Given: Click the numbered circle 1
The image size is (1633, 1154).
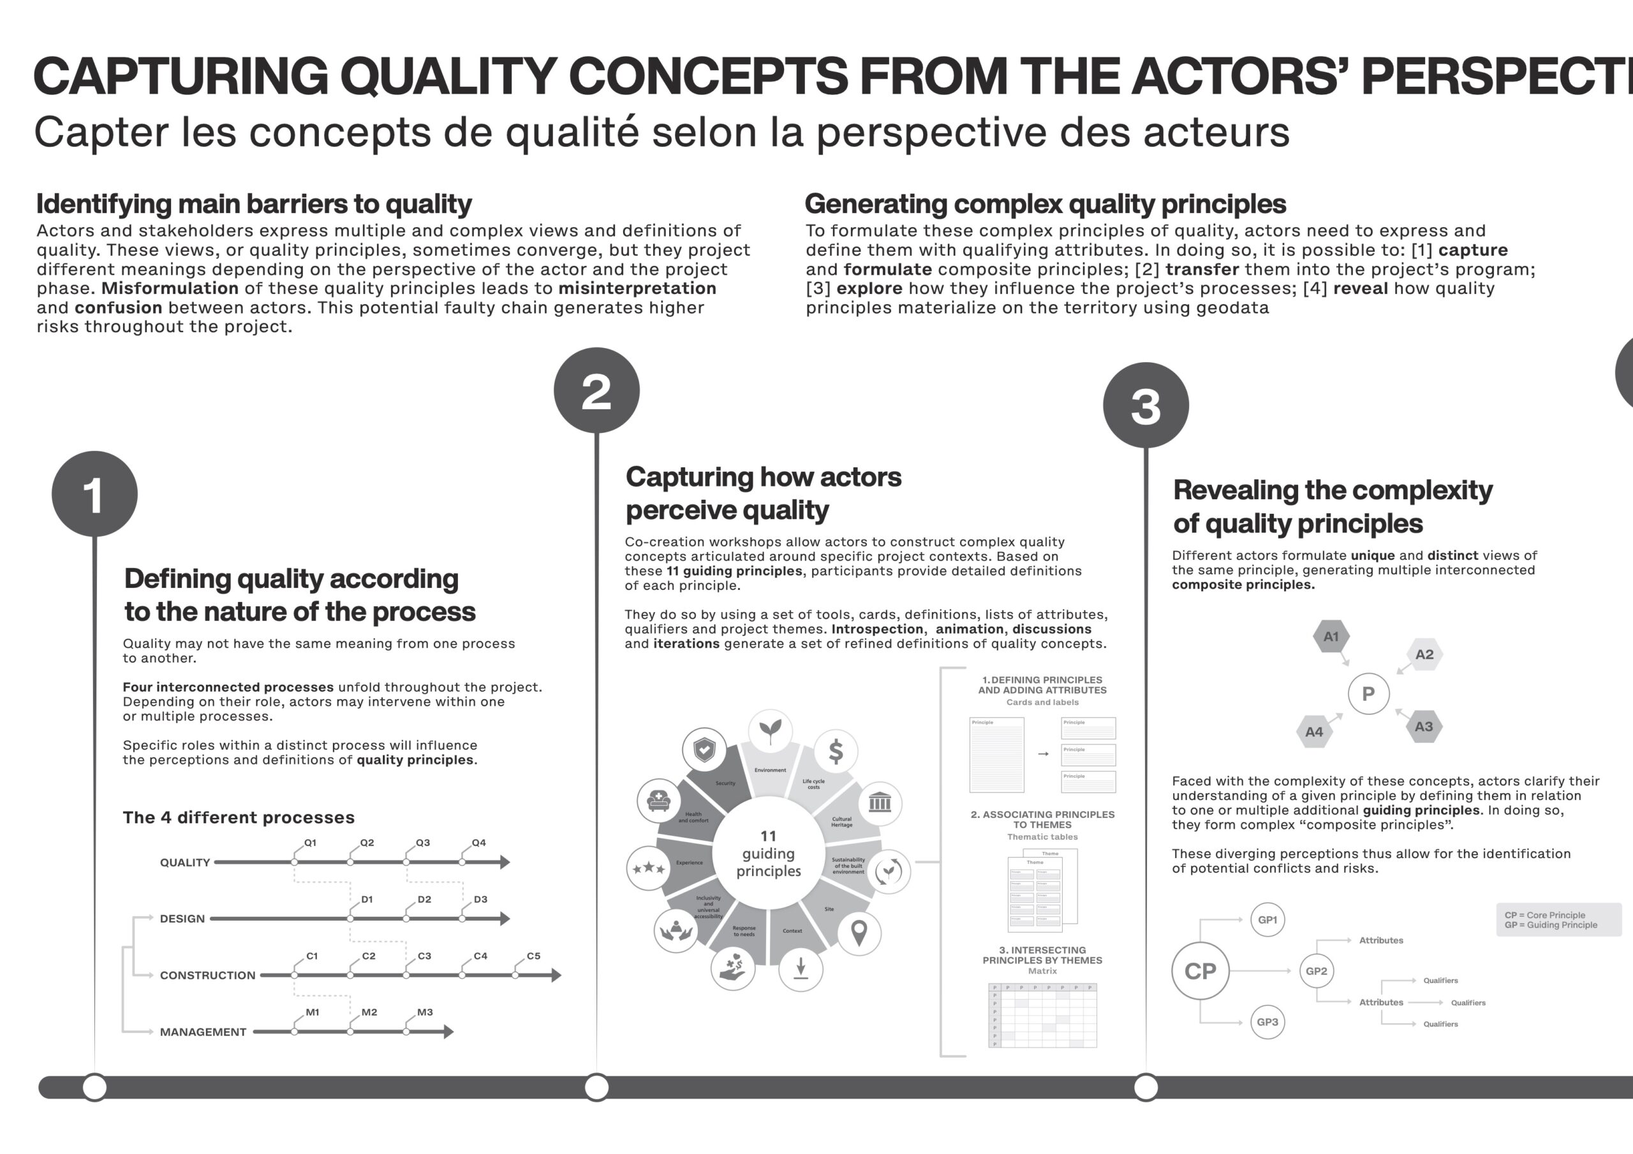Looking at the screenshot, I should click(x=94, y=494).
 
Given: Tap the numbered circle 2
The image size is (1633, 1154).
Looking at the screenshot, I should click(x=596, y=390).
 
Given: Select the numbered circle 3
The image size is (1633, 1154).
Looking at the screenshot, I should click(x=1146, y=405).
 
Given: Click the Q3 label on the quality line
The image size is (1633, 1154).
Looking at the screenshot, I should click(x=422, y=843).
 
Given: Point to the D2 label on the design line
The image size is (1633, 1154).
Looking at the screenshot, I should click(x=424, y=900).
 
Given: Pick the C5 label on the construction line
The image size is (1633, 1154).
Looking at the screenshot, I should click(x=533, y=956).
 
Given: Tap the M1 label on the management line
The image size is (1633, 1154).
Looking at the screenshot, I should click(x=312, y=1012).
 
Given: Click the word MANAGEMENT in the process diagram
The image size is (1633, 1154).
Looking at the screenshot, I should click(x=203, y=1032).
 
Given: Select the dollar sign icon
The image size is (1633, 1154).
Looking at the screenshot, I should click(x=836, y=751).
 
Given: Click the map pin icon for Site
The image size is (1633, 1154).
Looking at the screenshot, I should click(x=859, y=933).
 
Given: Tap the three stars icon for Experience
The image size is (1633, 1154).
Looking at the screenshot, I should click(x=648, y=868).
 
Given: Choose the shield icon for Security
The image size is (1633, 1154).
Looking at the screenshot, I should click(x=704, y=749).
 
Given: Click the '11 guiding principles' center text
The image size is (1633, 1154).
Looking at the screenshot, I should click(x=768, y=853).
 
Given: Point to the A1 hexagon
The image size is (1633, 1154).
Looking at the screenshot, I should click(x=1331, y=636).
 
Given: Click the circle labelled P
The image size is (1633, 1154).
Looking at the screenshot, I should click(x=1368, y=694).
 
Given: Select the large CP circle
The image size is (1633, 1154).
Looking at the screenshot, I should click(x=1200, y=971).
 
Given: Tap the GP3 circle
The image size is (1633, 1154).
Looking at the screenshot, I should click(x=1267, y=1022).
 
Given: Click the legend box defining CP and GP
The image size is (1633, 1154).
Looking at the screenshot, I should click(x=1558, y=920).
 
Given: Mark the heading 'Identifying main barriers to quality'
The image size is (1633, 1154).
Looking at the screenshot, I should click(x=254, y=204).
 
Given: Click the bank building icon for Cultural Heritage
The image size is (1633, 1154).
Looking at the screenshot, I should click(x=880, y=803).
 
